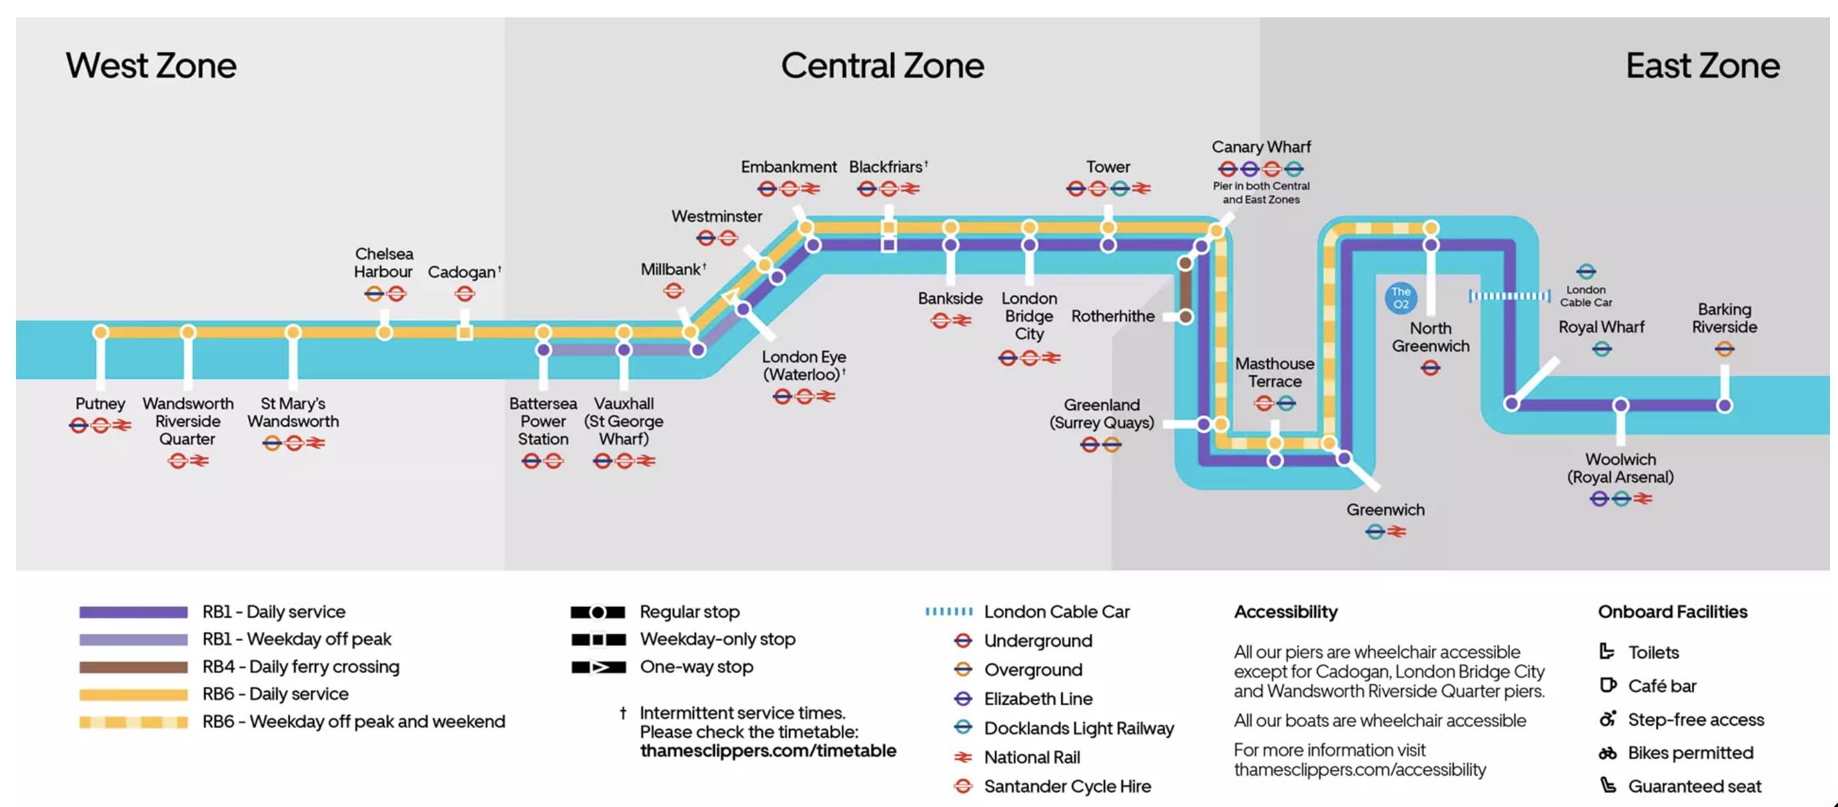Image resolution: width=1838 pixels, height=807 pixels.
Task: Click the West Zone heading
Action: click(x=151, y=65)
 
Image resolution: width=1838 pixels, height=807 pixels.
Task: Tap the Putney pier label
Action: click(x=100, y=404)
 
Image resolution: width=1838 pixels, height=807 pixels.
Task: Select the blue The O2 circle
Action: click(x=1401, y=297)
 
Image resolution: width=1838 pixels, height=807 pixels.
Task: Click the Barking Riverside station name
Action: click(x=1724, y=318)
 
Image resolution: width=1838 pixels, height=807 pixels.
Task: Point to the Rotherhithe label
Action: click(x=1112, y=316)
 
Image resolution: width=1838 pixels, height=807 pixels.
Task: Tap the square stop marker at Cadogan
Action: click(x=464, y=333)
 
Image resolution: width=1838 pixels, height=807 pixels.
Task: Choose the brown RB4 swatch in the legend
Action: click(x=133, y=667)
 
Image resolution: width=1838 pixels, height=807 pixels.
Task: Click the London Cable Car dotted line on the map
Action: click(x=1509, y=296)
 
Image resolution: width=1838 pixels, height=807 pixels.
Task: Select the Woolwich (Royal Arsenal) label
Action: click(x=1620, y=468)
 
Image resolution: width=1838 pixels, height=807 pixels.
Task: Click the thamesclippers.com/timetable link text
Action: click(x=768, y=750)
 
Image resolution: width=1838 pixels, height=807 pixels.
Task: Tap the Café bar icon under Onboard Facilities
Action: click(x=1607, y=686)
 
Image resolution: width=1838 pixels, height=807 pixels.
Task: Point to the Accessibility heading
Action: click(x=1286, y=612)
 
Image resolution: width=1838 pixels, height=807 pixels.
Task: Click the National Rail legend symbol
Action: click(x=963, y=757)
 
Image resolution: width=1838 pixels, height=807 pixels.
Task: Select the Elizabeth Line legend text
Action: click(x=1038, y=698)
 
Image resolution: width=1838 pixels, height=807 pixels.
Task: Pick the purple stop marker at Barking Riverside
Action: click(x=1724, y=406)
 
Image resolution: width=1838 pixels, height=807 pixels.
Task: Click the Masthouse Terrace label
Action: click(x=1274, y=372)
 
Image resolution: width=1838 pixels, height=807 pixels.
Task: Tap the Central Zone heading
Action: click(x=882, y=65)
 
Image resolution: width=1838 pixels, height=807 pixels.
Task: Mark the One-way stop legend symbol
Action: click(x=598, y=667)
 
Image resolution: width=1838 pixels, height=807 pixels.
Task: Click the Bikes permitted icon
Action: click(x=1607, y=753)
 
